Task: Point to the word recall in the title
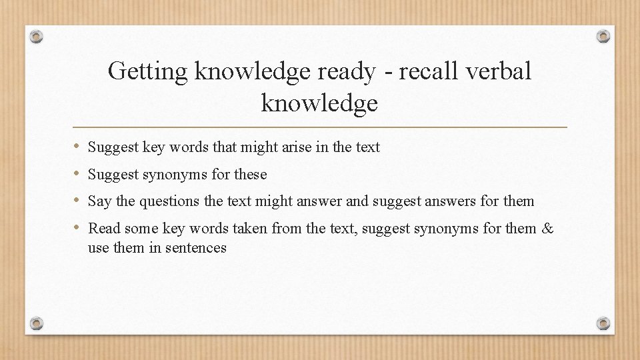point(427,71)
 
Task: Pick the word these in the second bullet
point(250,175)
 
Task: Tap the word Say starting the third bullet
point(100,201)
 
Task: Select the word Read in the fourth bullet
point(105,229)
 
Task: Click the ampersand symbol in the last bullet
point(548,229)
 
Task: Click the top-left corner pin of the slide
point(37,35)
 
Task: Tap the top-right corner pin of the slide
point(603,35)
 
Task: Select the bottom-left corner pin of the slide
point(37,323)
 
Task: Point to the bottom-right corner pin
point(603,323)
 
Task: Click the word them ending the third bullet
point(519,201)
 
